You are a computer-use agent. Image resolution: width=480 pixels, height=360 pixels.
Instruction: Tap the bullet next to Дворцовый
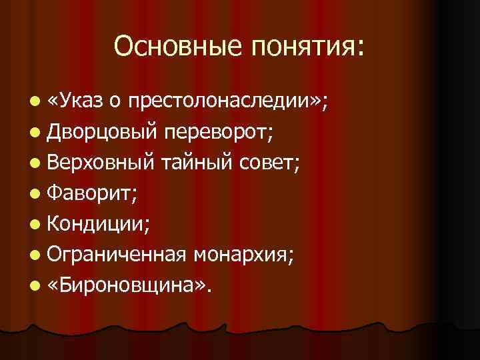(x=35, y=133)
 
